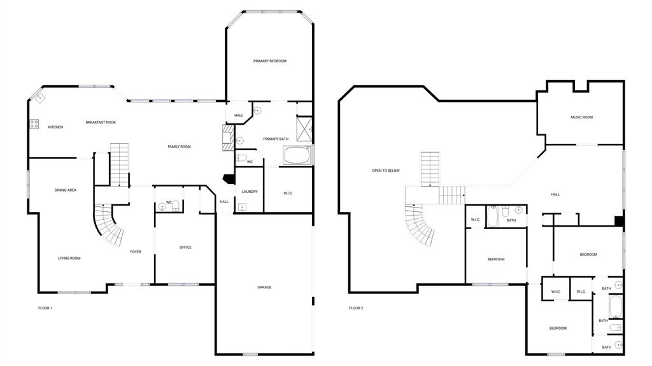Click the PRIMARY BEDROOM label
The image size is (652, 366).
[269, 61]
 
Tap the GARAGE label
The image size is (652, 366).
[264, 287]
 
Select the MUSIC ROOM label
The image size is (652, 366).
[581, 117]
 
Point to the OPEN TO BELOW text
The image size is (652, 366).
[386, 171]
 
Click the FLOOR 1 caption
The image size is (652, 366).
[45, 308]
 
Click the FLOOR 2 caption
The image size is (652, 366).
[356, 308]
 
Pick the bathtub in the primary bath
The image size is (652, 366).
[297, 155]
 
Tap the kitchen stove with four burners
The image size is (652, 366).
[34, 124]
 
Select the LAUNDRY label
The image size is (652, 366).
[250, 192]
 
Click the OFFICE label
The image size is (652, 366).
[185, 248]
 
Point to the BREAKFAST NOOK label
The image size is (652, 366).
[101, 122]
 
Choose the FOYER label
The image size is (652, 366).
[136, 252]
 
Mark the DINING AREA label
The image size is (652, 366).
[66, 190]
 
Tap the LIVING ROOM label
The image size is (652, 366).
[69, 258]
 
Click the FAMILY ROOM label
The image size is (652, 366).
[179, 147]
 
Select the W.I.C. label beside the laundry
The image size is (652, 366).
[288, 193]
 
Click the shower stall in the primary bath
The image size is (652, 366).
[304, 127]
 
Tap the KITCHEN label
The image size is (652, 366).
[55, 127]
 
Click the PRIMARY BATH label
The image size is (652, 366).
[275, 139]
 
